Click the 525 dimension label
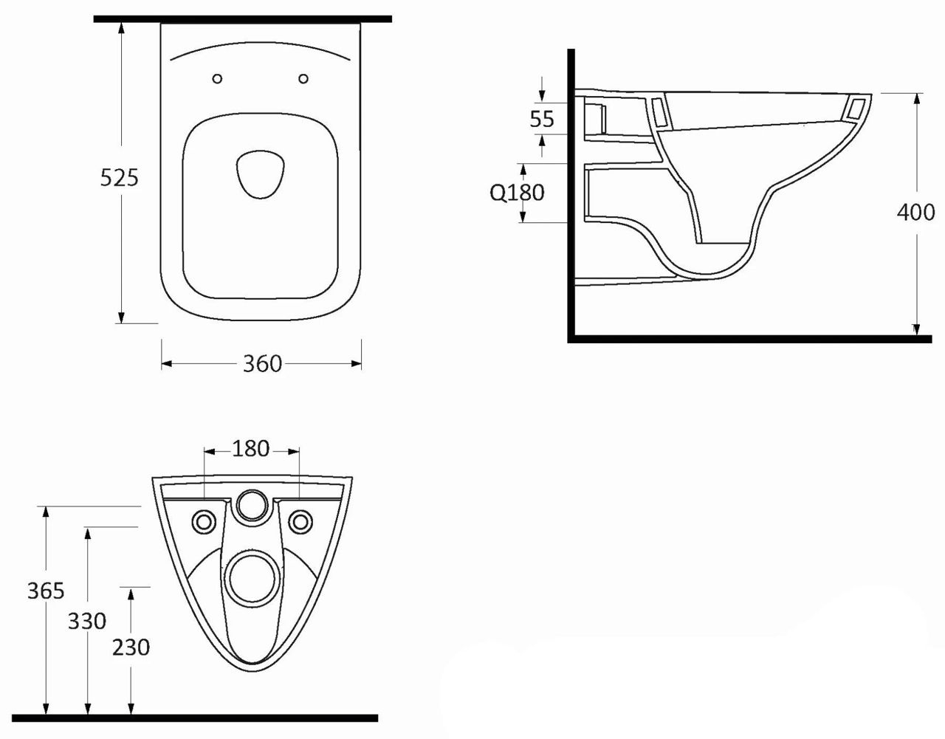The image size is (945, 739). [x=119, y=178]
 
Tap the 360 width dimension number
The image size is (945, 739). [x=262, y=364]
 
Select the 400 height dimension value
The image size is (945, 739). [x=916, y=213]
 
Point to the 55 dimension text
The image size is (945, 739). [x=542, y=119]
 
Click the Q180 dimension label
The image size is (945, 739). [x=517, y=193]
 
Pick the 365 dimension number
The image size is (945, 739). [x=46, y=591]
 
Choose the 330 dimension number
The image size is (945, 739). [x=87, y=621]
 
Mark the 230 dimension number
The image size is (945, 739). [x=131, y=647]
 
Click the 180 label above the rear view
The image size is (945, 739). [x=251, y=449]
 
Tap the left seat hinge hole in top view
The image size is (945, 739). [x=218, y=79]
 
